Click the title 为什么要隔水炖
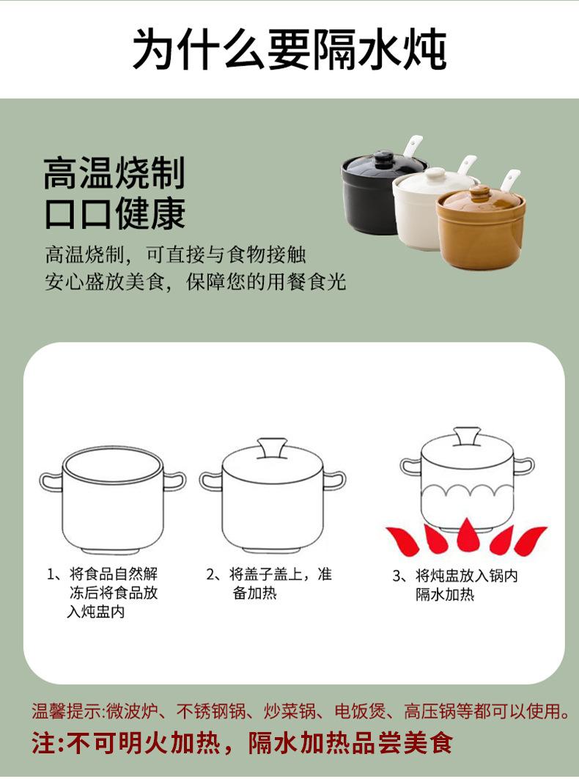coord(289,49)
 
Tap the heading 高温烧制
coord(115,173)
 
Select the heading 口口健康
coord(115,213)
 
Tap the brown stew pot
coord(480,229)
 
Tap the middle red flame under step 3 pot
coord(467,535)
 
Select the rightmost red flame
coord(530,541)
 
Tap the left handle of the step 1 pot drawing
coord(51,481)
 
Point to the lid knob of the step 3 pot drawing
coord(467,436)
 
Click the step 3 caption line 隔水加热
coord(445,594)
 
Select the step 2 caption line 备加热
coord(254,593)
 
